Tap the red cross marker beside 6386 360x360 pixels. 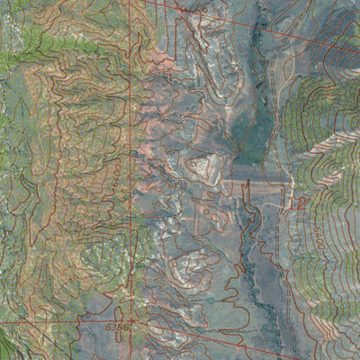click(x=132, y=319)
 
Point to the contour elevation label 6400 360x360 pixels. click(x=321, y=236)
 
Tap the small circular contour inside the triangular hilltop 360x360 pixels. click(x=200, y=165)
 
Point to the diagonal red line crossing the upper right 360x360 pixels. click(x=270, y=27)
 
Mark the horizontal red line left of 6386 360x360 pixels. click(x=54, y=320)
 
